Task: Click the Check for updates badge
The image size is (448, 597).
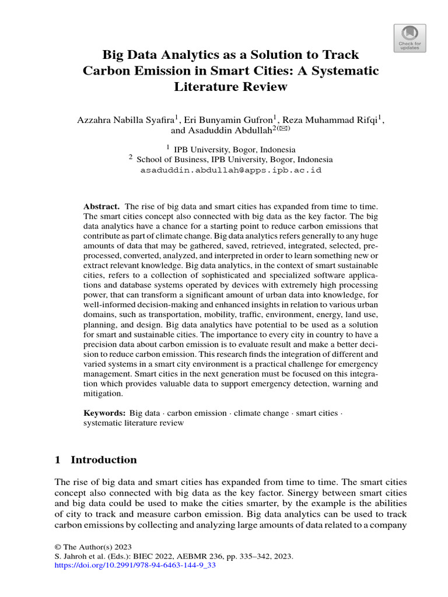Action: [x=410, y=38]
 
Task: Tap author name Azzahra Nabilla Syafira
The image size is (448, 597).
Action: [x=120, y=120]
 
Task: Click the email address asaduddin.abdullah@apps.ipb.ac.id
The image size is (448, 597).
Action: [x=231, y=171]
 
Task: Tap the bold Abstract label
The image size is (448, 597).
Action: [x=101, y=207]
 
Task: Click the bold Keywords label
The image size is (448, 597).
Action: [x=105, y=413]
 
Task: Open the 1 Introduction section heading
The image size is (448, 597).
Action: [x=96, y=459]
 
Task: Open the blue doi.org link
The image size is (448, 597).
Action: [x=135, y=566]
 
